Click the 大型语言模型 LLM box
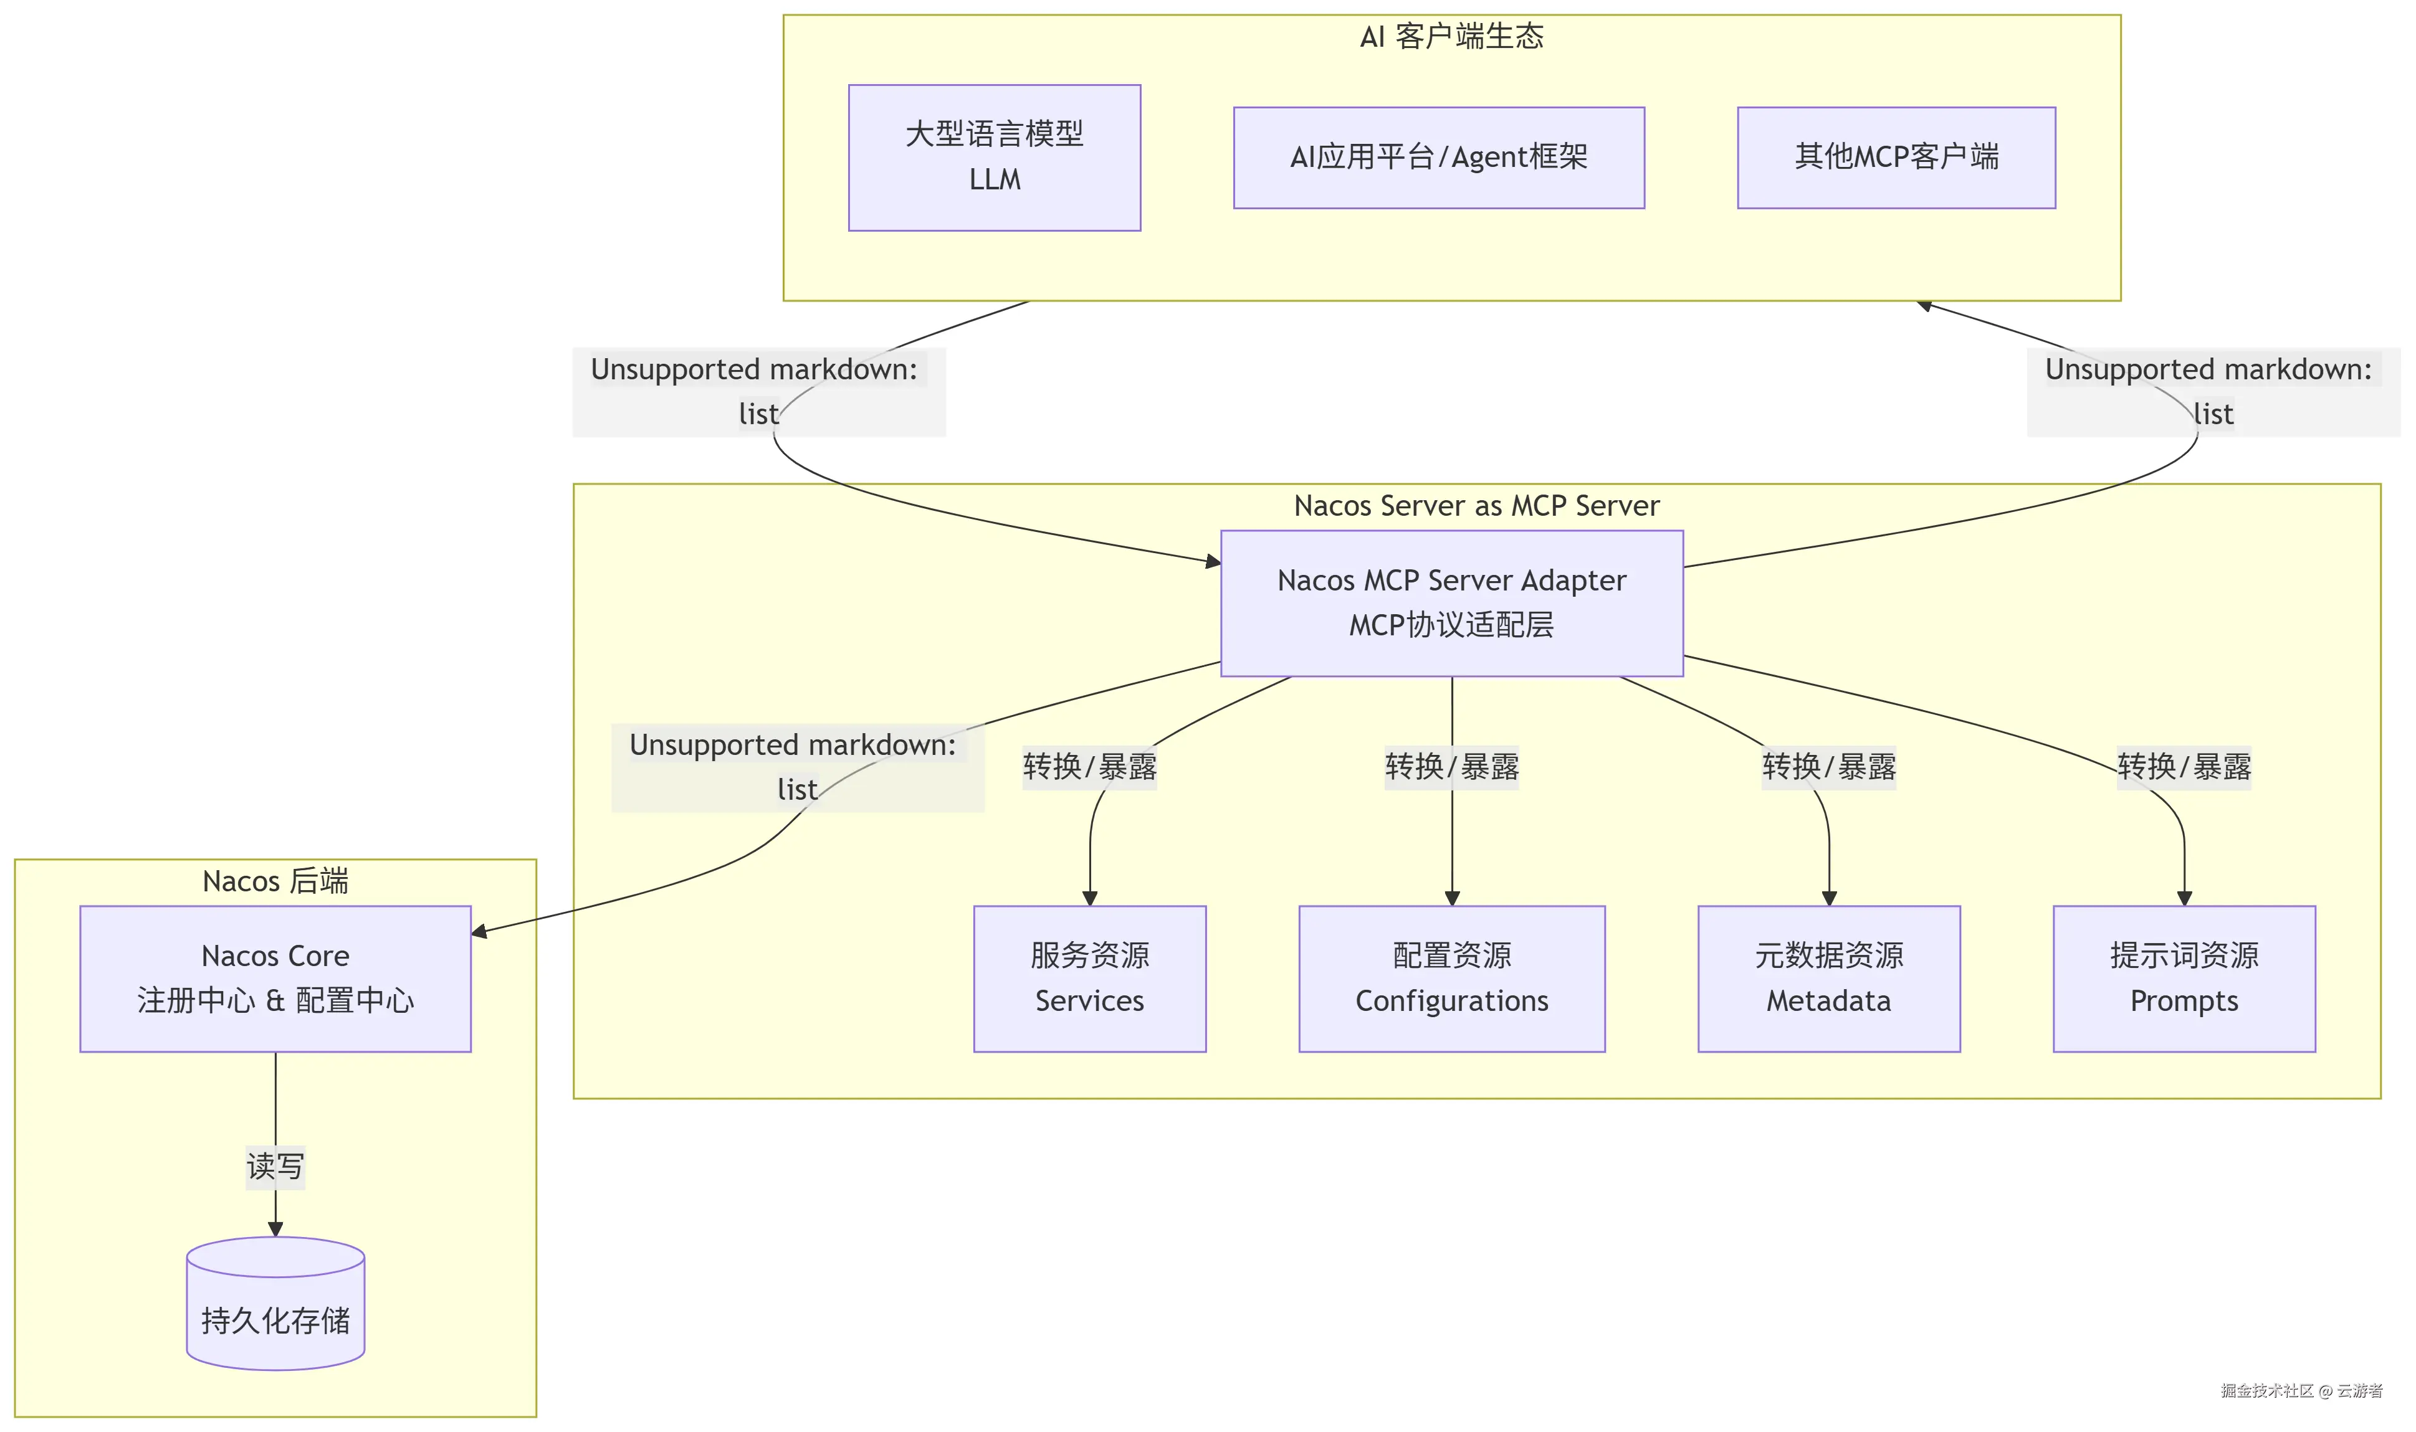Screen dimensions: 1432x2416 pyautogui.click(x=994, y=158)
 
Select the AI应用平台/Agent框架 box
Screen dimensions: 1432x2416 pyautogui.click(x=1438, y=158)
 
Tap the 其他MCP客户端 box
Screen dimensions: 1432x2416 pyautogui.click(x=1896, y=158)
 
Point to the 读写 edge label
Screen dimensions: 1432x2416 pyautogui.click(x=275, y=1167)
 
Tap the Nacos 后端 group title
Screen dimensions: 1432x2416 pyautogui.click(x=275, y=881)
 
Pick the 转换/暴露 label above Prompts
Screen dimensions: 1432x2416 pyautogui.click(x=2184, y=767)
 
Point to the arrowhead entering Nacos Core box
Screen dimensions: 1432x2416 pyautogui.click(x=479, y=932)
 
